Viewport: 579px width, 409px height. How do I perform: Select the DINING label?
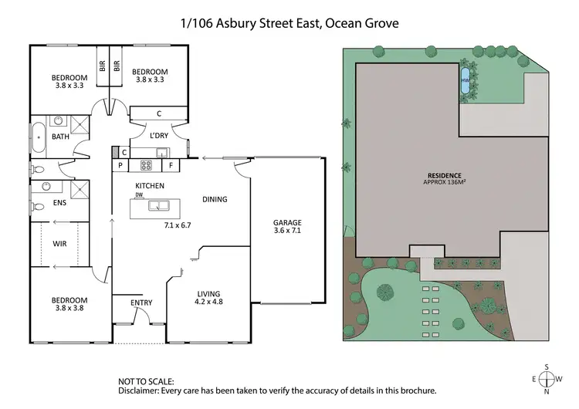(x=215, y=199)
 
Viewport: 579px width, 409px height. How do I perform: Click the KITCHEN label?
(x=150, y=186)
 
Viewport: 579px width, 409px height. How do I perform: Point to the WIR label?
(x=60, y=244)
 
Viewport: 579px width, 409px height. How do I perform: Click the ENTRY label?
(x=141, y=302)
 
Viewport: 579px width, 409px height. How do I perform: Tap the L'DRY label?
(x=159, y=136)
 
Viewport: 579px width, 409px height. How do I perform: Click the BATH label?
(x=60, y=137)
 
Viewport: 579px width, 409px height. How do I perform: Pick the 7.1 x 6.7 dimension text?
(x=177, y=225)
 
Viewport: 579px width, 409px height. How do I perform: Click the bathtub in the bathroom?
(x=38, y=138)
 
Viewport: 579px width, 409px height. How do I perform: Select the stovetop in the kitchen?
(x=145, y=165)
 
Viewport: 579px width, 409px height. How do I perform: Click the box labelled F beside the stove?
(x=170, y=165)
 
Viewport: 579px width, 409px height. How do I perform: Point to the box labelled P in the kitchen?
(x=120, y=165)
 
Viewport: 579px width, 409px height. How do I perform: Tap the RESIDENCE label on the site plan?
(x=450, y=174)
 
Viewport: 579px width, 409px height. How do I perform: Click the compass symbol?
(x=547, y=379)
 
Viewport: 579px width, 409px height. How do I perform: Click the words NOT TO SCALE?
(x=145, y=381)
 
